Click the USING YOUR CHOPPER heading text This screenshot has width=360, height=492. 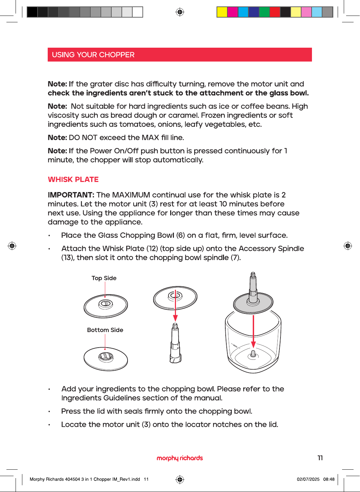coord(93,55)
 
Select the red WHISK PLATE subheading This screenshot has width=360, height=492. coord(73,180)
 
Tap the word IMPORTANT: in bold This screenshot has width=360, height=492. coord(71,195)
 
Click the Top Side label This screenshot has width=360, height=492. coord(104,278)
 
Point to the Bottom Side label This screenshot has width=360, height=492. coord(105,330)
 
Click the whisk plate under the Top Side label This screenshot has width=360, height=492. coord(106,306)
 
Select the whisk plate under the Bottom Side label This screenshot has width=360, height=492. coord(106,359)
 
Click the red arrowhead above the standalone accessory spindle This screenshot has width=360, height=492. coord(175,318)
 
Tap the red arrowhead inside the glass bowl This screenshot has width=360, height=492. coord(253,345)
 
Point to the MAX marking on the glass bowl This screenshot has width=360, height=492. coord(235,346)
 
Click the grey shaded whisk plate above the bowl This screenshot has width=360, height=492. coord(253,302)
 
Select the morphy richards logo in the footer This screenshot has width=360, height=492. coord(180,458)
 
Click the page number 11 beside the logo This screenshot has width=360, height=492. coord(320,458)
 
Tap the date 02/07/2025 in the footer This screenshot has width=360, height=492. coord(308,479)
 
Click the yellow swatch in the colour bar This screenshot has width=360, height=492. coord(222,12)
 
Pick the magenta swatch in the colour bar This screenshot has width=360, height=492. coord(232,12)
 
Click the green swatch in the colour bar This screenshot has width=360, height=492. coord(264,12)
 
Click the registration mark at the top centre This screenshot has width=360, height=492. coord(180,12)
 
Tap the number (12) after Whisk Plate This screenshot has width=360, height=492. coord(151,249)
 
